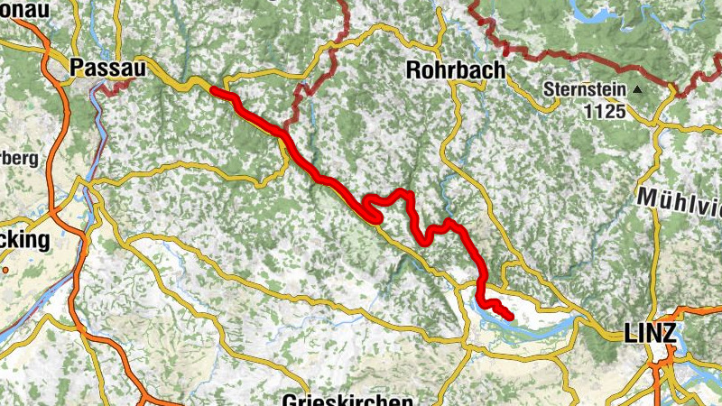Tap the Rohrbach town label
tap(455, 69)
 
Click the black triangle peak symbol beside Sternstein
tap(638, 90)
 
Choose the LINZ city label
tap(650, 334)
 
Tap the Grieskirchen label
tap(347, 400)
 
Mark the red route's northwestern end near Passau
tap(213, 89)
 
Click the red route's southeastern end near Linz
tap(510, 317)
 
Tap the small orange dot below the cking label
tap(5, 269)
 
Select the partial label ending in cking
tap(24, 240)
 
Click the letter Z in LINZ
tap(668, 334)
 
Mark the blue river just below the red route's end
tap(523, 327)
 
